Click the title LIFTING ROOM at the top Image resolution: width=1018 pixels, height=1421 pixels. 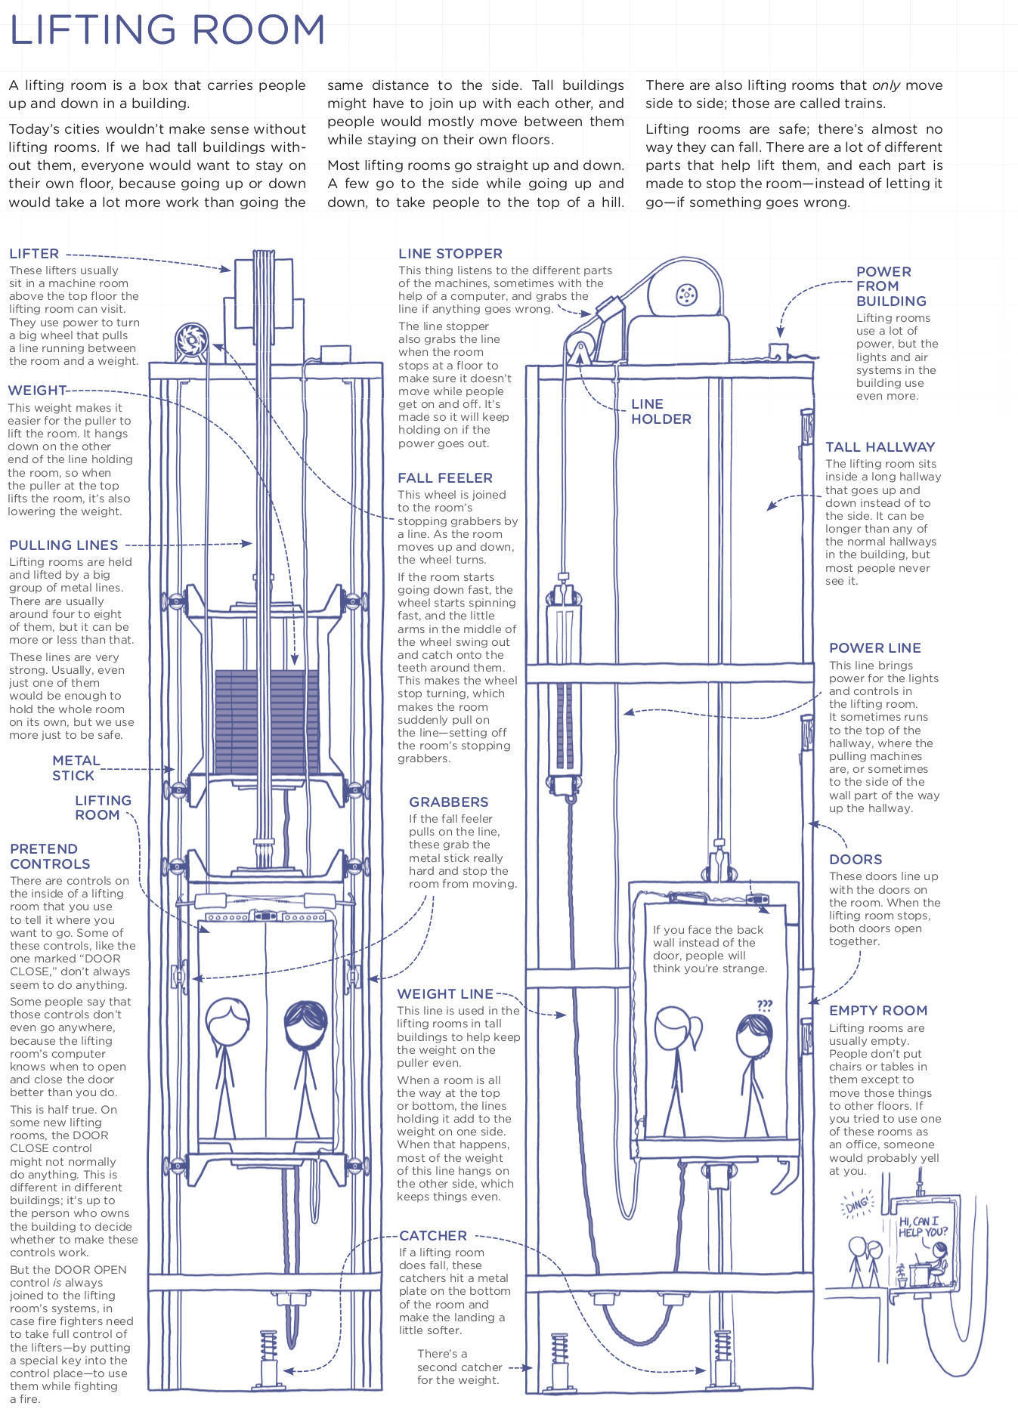167,30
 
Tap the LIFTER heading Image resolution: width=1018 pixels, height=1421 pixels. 34,254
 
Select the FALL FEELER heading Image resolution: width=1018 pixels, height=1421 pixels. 445,477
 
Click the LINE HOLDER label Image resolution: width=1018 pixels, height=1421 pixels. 661,411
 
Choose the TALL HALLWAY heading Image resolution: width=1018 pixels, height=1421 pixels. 880,446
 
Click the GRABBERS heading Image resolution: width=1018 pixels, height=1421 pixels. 448,802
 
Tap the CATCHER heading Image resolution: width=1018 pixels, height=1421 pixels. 433,1235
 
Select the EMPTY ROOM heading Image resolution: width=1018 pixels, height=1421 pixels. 877,1010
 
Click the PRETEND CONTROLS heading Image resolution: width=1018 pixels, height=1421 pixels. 50,856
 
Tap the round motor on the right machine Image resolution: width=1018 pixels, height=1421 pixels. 685,294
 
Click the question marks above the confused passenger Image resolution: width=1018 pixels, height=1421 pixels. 764,1006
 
